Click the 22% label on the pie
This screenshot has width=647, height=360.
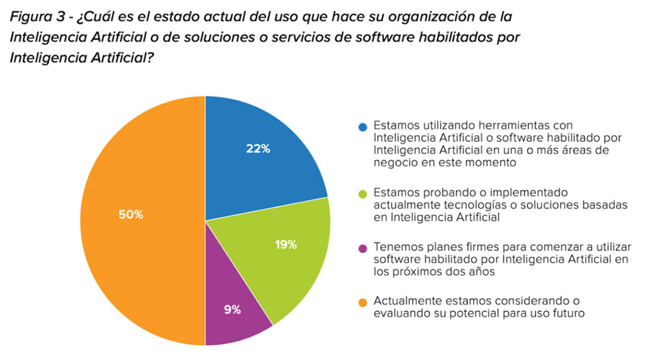pos(258,149)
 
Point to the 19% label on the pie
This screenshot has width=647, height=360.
pos(285,244)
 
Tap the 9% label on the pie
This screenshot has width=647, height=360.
pos(231,310)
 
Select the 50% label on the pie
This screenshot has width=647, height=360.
pos(131,214)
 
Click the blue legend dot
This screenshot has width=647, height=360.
pos(363,127)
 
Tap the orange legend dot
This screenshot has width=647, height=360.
pos(363,302)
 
